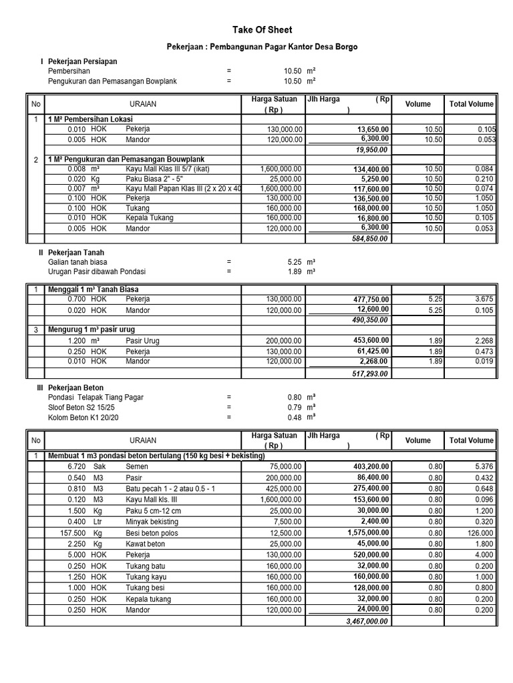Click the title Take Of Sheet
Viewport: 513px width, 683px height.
[x=262, y=30]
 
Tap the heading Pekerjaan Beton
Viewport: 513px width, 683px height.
[x=75, y=388]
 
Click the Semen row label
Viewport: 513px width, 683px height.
[x=137, y=467]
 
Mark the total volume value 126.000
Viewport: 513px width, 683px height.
[x=480, y=533]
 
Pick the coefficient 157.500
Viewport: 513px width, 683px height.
[x=74, y=533]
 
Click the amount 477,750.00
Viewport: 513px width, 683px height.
[x=371, y=299]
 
